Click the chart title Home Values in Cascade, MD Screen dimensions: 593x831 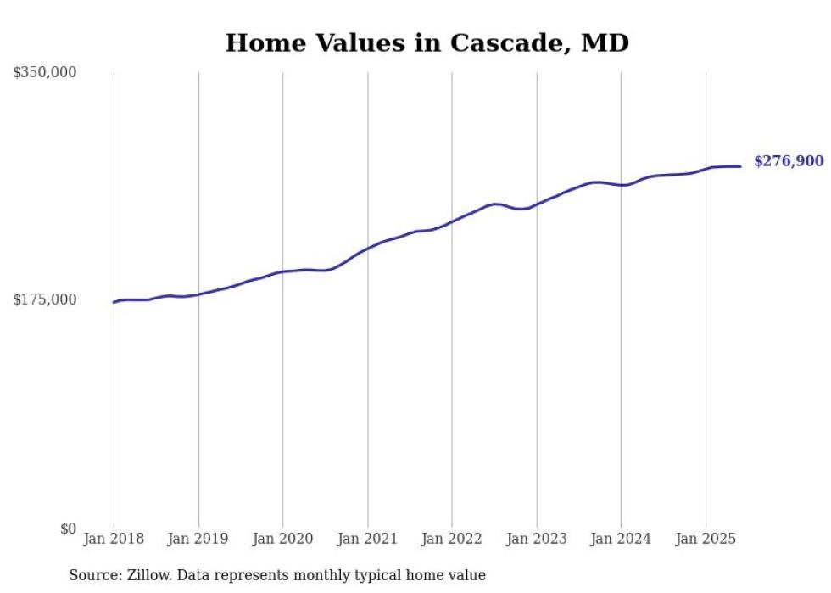click(x=427, y=42)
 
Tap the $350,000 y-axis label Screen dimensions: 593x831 click(x=45, y=73)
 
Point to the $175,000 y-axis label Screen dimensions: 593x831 click(x=45, y=299)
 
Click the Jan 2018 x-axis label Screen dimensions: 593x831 click(x=114, y=539)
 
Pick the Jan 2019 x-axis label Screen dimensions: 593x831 click(x=198, y=539)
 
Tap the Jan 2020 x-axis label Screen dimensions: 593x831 click(x=283, y=539)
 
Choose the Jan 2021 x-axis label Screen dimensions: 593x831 click(x=367, y=539)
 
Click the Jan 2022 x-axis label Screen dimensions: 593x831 click(x=452, y=539)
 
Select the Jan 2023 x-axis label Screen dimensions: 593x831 click(x=537, y=539)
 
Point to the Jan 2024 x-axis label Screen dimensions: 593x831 click(x=621, y=539)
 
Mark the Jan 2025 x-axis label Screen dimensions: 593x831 click(x=706, y=539)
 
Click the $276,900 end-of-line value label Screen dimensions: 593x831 click(x=789, y=161)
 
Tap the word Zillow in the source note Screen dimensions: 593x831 click(x=148, y=575)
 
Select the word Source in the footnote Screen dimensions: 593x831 click(x=92, y=575)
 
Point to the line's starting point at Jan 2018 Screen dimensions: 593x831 click(x=114, y=302)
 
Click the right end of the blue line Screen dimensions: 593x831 click(x=740, y=166)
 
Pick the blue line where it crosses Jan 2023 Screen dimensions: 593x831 click(x=537, y=204)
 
